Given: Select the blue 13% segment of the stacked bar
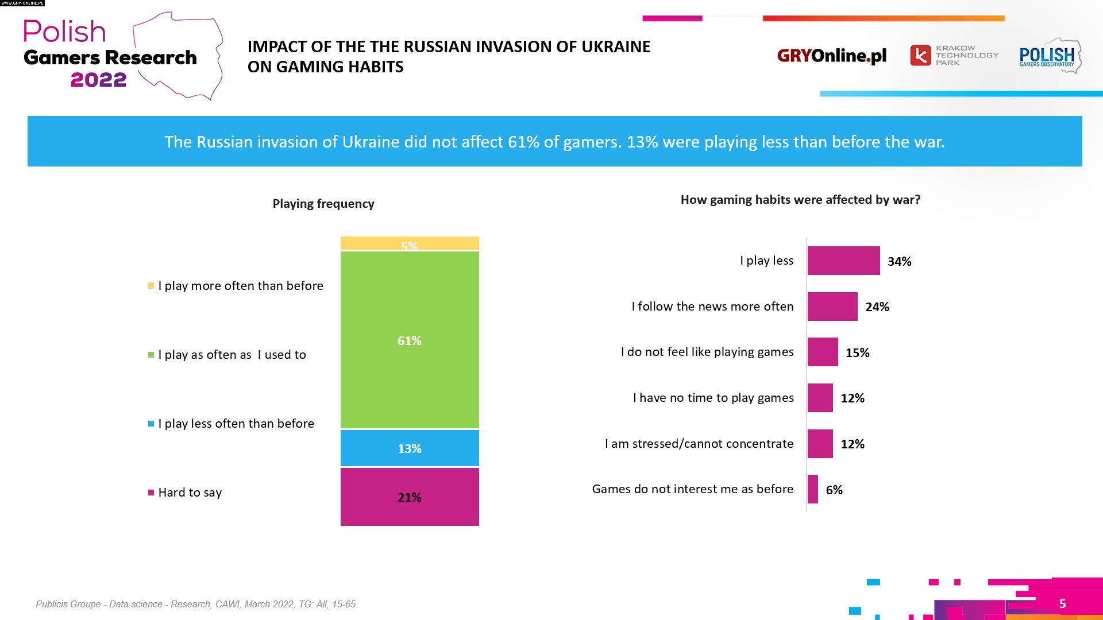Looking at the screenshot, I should pos(409,448).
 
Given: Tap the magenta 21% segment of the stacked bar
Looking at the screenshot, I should pos(409,497).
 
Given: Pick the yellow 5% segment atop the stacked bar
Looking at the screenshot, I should pos(409,243).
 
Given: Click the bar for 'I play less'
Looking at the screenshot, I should pos(843,261).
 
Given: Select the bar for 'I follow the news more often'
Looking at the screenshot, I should pos(832,307).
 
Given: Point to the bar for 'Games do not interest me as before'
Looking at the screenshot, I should pos(812,489).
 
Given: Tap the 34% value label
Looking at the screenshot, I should pos(899,262).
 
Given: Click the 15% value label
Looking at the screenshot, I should pos(857,353).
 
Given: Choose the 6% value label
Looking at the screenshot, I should pos(834,490).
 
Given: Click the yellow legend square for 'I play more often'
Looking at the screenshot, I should pos(151,286).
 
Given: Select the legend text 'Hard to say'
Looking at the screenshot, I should pos(190,493).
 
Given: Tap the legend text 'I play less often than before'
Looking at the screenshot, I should pos(236,424).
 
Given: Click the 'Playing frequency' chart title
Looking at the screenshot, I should pos(323,204).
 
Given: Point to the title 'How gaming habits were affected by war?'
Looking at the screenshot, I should pos(800,200).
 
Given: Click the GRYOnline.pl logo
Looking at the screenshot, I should pos(831,56).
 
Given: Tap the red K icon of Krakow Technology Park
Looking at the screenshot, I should pos(920,56).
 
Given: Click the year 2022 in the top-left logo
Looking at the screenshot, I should pos(98,80).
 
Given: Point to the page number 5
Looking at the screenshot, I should pos(1062,604).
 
